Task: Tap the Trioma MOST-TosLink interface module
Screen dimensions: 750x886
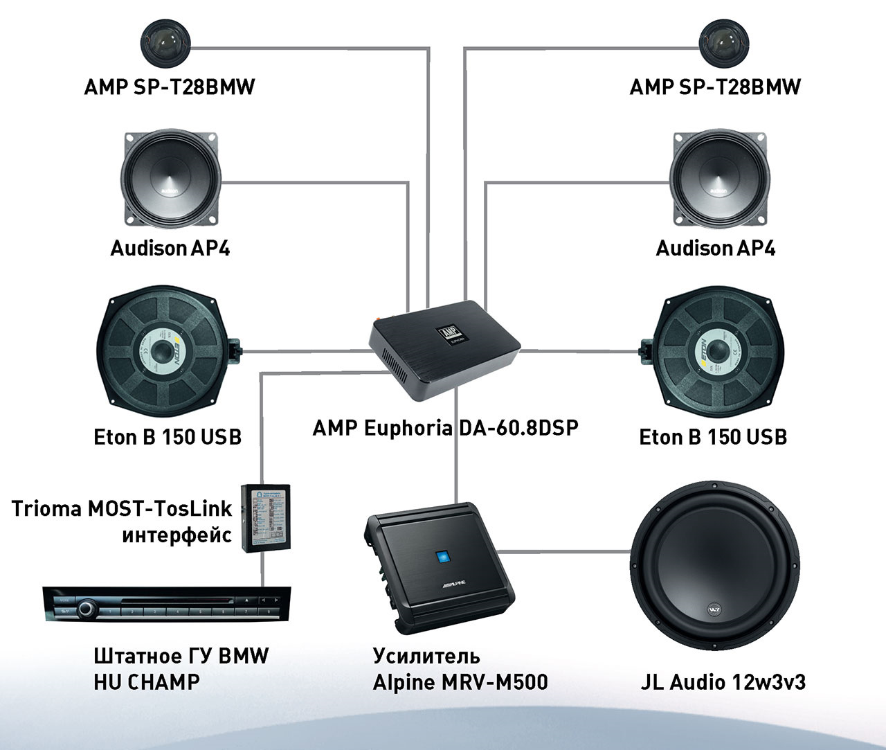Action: coord(267,517)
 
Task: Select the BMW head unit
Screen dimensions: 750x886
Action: coord(166,605)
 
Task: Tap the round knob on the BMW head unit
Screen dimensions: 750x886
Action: coord(86,609)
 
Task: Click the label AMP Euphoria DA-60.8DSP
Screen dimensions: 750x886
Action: coord(445,427)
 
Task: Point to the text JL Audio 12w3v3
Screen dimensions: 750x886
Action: coord(723,682)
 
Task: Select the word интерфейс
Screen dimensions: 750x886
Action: coord(177,535)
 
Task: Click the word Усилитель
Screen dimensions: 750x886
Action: coord(426,655)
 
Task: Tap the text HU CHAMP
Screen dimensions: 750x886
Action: coord(146,681)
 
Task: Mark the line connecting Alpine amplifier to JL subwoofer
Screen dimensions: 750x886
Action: coord(564,552)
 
